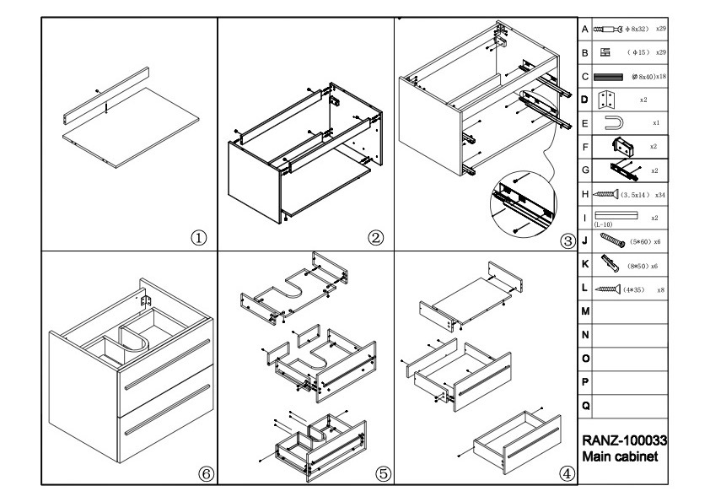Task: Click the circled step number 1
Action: pyautogui.click(x=200, y=237)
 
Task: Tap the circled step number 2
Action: pyautogui.click(x=376, y=237)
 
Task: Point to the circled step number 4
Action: pyautogui.click(x=567, y=473)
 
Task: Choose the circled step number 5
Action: pyautogui.click(x=384, y=473)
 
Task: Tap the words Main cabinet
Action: pyautogui.click(x=620, y=456)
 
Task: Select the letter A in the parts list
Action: pyautogui.click(x=585, y=29)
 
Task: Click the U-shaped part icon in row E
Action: pyautogui.click(x=615, y=123)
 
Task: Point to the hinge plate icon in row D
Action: pyautogui.click(x=604, y=100)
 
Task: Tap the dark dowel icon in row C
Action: pyautogui.click(x=608, y=77)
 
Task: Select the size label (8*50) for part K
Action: pyautogui.click(x=637, y=266)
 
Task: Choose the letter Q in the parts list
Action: pyautogui.click(x=586, y=406)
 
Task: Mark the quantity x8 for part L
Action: pyautogui.click(x=660, y=289)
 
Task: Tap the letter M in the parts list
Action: pyautogui.click(x=586, y=312)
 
